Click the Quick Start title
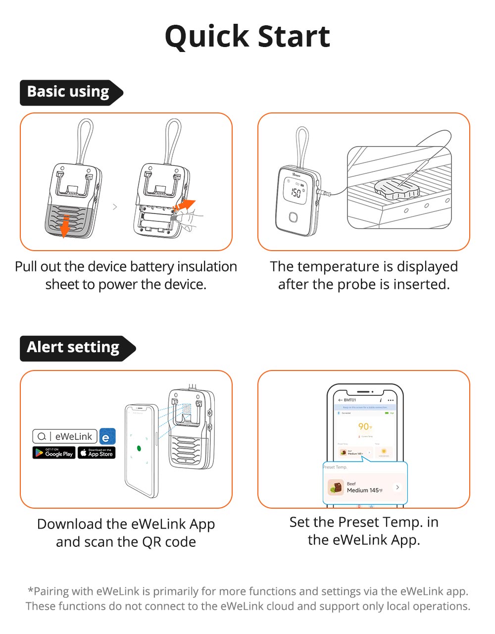pyautogui.click(x=247, y=36)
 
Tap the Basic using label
pyautogui.click(x=68, y=92)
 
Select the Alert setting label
pyautogui.click(x=73, y=348)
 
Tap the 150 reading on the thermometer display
pyautogui.click(x=296, y=192)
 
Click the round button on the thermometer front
pyautogui.click(x=294, y=217)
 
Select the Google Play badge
pyautogui.click(x=54, y=453)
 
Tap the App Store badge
pyautogui.click(x=97, y=453)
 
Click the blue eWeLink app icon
pyautogui.click(x=107, y=436)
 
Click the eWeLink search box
pyautogui.click(x=65, y=436)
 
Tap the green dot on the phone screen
pyautogui.click(x=139, y=449)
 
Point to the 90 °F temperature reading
pyautogui.click(x=365, y=426)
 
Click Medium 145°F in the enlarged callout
pyautogui.click(x=364, y=490)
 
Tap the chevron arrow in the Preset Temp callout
pyautogui.click(x=397, y=487)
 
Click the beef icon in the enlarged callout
pyautogui.click(x=336, y=487)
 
